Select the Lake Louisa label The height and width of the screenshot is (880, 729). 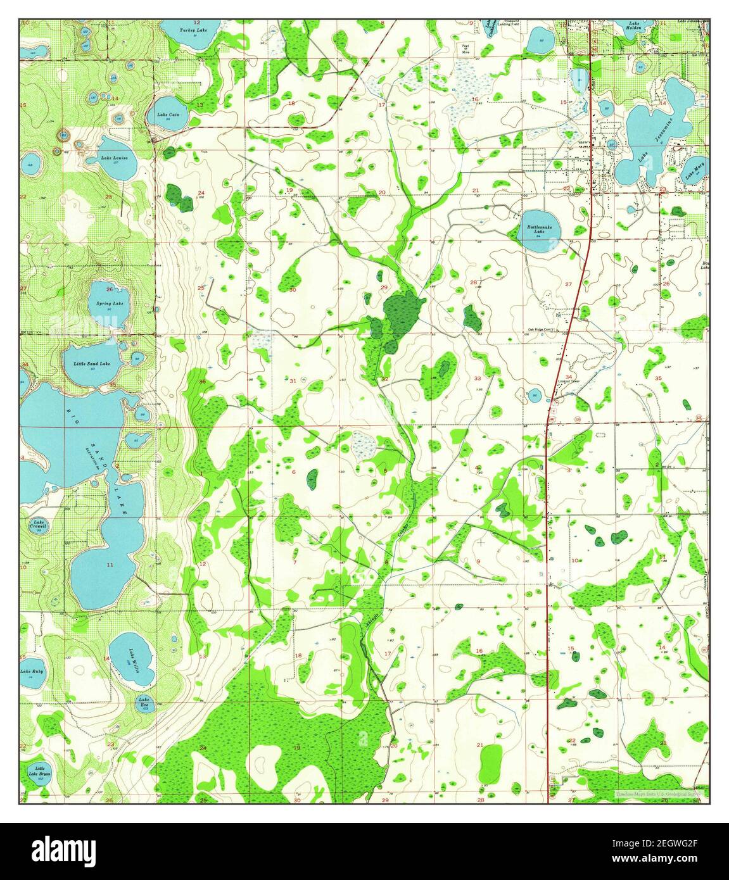point(115,158)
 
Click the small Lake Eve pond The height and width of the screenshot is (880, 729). point(143,702)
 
